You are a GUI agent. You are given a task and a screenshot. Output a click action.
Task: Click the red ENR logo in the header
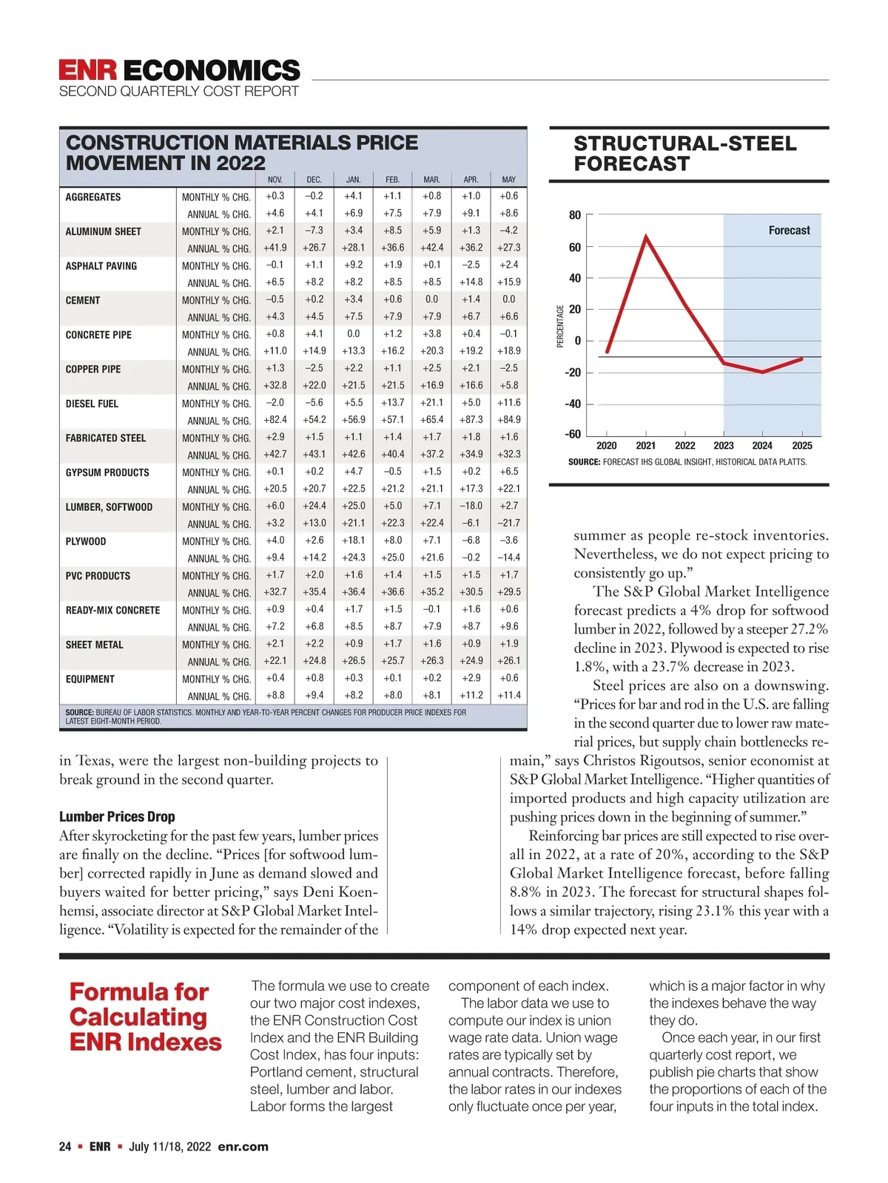click(88, 70)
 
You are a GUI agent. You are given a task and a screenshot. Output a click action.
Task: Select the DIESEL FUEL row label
click(92, 404)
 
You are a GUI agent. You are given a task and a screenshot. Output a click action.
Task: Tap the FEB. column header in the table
click(392, 180)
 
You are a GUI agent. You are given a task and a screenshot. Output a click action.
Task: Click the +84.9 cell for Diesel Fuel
click(508, 420)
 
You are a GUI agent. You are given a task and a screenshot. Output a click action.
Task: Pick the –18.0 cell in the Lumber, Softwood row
click(471, 506)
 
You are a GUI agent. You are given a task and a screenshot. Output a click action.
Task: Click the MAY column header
click(508, 180)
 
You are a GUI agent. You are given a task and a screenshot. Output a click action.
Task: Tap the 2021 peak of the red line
click(646, 237)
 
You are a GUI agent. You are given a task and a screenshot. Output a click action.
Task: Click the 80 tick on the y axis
click(575, 215)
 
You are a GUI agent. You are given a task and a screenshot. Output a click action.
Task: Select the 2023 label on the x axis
click(724, 446)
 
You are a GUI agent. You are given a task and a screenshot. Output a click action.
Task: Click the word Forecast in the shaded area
click(789, 231)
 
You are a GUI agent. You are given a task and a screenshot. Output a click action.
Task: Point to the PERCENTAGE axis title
click(560, 325)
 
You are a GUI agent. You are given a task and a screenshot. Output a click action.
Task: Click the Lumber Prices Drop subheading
click(117, 817)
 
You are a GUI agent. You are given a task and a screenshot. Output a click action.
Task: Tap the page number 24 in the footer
click(65, 1147)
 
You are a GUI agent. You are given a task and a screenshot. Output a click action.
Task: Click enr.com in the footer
click(243, 1147)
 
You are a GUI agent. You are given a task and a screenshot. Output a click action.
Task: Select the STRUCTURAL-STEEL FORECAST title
click(685, 154)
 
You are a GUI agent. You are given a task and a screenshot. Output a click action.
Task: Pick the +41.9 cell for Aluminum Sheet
click(275, 248)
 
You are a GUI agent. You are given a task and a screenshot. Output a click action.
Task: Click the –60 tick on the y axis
click(573, 435)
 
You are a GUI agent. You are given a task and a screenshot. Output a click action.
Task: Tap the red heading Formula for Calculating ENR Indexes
click(145, 1017)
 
